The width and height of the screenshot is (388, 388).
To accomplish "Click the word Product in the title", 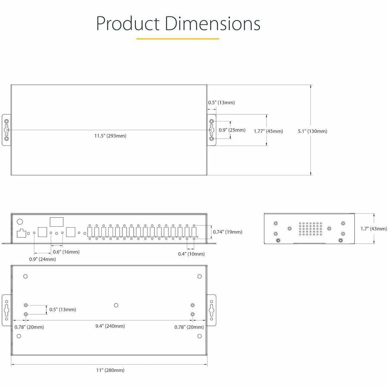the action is (x=128, y=24).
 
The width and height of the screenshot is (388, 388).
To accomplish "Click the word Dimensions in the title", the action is (x=212, y=24).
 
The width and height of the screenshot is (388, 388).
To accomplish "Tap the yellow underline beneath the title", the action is (x=178, y=39).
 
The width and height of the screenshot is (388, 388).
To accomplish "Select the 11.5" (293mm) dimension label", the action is (x=110, y=136).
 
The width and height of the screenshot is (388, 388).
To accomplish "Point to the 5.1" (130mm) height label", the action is (x=313, y=131).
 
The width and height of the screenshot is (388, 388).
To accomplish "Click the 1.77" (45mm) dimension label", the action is (x=269, y=131).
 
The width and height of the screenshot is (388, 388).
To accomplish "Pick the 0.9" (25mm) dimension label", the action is (x=232, y=130).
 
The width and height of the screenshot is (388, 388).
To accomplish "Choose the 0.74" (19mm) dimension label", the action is (x=228, y=232).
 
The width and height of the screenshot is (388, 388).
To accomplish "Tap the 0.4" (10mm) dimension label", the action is (x=191, y=254).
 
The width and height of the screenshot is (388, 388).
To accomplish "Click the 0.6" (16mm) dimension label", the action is (x=66, y=252).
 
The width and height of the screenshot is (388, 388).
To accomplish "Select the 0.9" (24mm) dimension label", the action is (x=43, y=260).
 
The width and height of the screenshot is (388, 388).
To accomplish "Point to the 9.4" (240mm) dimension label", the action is (x=110, y=326).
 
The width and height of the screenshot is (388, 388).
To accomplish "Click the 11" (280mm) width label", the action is (x=110, y=370).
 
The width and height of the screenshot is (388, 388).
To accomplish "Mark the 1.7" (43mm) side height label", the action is (x=374, y=228).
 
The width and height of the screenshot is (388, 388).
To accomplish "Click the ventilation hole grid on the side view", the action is (x=310, y=228).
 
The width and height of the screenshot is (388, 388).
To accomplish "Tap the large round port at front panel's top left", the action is (x=19, y=222).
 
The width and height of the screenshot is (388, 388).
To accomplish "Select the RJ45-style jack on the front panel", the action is (x=21, y=233).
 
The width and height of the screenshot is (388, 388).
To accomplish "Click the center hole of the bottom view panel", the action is (x=116, y=305).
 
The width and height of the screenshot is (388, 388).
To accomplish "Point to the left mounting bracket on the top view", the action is (x=6, y=130).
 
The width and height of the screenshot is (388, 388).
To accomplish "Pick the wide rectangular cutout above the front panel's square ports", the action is (x=56, y=222).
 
